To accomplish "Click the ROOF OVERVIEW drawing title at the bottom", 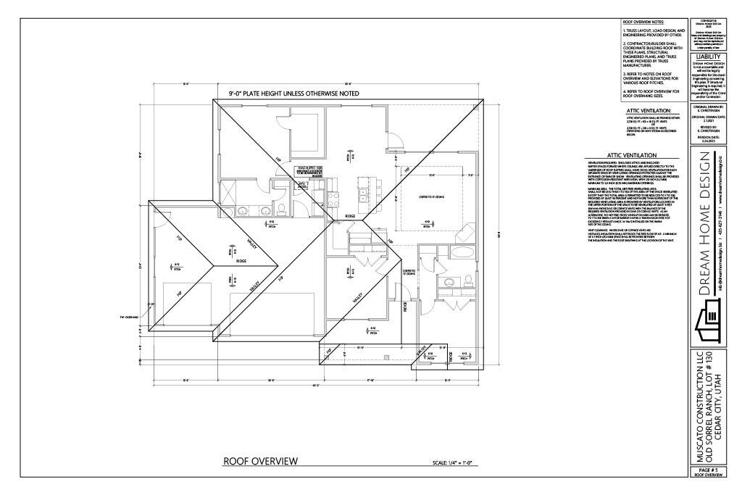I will (x=259, y=461).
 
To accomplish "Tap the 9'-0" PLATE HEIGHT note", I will (x=278, y=93).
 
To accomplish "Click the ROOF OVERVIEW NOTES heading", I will (x=644, y=22).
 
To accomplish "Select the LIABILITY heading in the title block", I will (x=708, y=56).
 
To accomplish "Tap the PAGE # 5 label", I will (x=708, y=470).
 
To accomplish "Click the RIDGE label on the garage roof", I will (x=242, y=261).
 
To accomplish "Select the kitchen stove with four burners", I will (x=335, y=196).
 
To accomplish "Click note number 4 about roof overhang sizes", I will (x=651, y=93).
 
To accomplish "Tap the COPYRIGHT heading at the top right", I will (x=708, y=22).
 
